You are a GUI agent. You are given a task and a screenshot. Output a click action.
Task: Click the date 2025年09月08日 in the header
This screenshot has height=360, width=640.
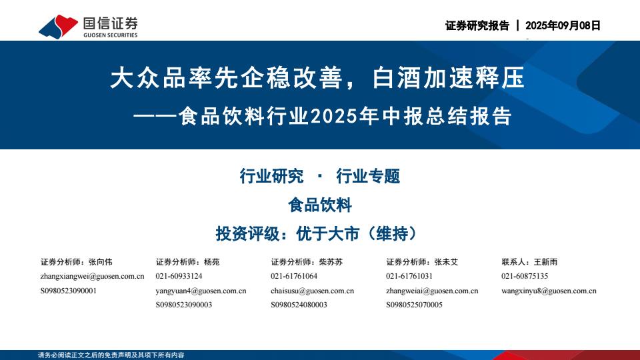563,25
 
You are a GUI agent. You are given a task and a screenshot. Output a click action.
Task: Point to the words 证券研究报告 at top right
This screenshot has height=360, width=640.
477,25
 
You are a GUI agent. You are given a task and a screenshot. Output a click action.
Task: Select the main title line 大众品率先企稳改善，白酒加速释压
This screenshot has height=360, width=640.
317,79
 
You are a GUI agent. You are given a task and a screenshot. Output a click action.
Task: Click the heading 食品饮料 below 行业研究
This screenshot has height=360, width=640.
319,205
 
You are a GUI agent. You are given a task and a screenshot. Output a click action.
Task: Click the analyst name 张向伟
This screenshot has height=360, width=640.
101,261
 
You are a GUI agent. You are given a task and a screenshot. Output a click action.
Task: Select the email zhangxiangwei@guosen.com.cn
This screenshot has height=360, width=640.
92,276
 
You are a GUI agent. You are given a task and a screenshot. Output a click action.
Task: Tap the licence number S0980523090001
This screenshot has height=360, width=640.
69,291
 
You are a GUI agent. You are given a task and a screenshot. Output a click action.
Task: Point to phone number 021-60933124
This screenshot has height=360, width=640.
179,276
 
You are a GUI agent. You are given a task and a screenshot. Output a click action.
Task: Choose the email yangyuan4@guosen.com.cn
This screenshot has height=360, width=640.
201,291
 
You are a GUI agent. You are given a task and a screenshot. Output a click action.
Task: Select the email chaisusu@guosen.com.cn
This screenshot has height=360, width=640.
312,291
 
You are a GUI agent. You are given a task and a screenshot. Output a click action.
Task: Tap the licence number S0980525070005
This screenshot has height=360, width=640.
414,305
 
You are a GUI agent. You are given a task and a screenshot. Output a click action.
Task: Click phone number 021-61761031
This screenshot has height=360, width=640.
409,276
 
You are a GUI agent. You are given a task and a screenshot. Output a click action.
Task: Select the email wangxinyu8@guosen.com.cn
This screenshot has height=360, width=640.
549,291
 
